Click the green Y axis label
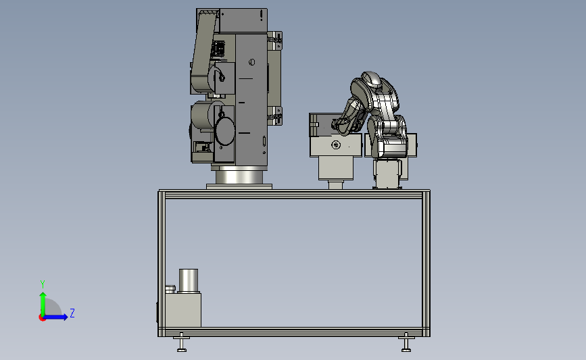click(x=43, y=284)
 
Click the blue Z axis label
click(x=72, y=313)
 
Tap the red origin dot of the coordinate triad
click(x=42, y=318)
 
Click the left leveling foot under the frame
click(x=182, y=342)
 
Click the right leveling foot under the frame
click(x=406, y=342)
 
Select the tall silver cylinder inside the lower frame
click(x=189, y=280)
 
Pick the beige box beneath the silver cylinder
click(x=182, y=310)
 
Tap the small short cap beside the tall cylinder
click(x=170, y=289)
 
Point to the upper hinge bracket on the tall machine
click(x=275, y=41)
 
